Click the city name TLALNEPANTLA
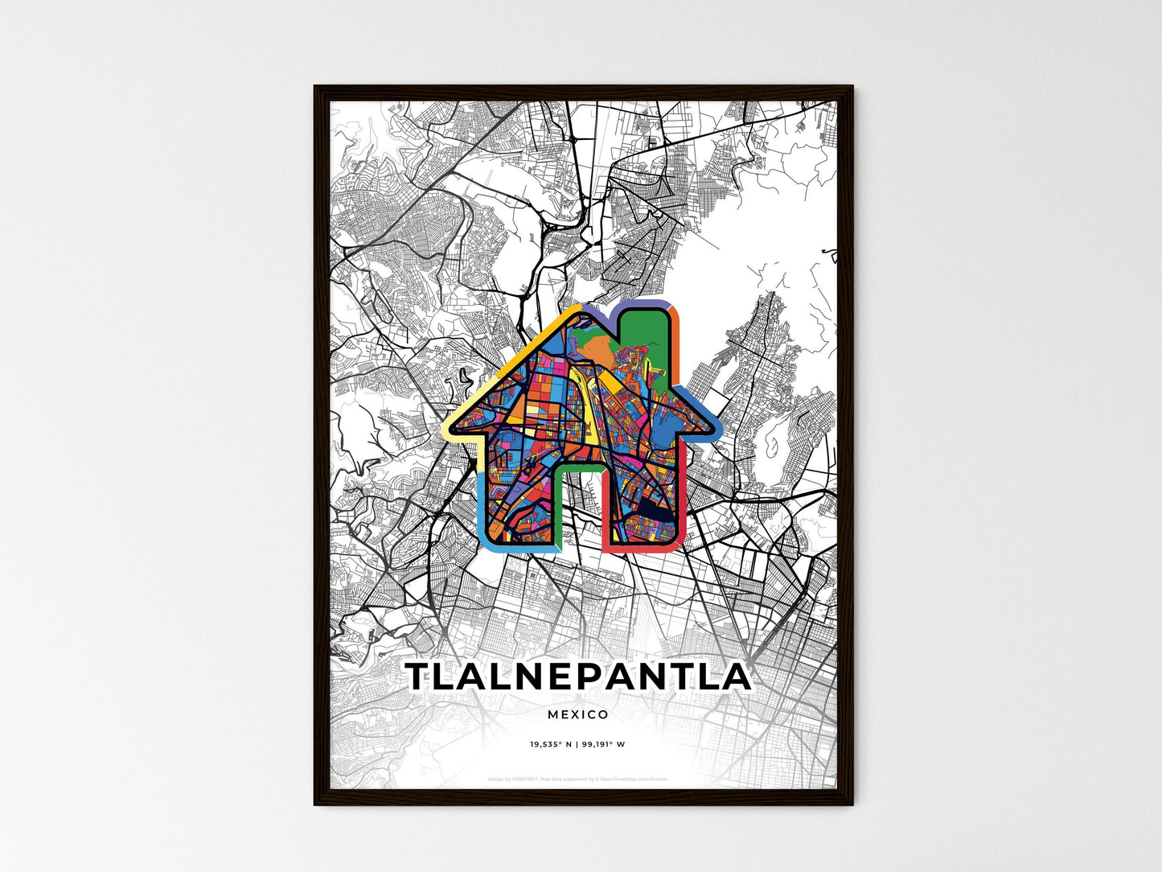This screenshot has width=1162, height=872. [578, 677]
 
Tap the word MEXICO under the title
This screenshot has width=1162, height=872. [578, 714]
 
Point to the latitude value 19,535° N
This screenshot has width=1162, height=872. [550, 744]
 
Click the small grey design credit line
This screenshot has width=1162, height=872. [577, 779]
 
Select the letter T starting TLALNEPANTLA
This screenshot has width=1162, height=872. [421, 677]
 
